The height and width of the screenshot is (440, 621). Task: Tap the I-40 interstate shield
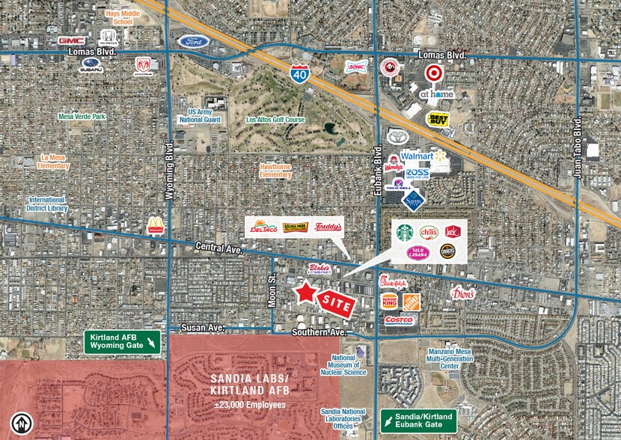pos(299,72)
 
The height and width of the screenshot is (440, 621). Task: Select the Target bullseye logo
pos(432,73)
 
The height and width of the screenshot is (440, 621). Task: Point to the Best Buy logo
pos(438,118)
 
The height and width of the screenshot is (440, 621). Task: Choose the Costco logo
pos(400,320)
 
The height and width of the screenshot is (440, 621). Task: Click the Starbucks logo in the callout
pos(405,233)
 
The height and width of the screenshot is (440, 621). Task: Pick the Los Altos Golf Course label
pos(275,119)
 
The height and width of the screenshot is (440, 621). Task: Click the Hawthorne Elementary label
pos(275,171)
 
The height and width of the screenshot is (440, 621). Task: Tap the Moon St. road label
pos(272,289)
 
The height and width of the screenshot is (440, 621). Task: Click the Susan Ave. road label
pos(203,329)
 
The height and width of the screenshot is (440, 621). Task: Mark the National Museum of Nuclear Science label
pos(343,364)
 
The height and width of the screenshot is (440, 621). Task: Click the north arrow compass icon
pos(23,425)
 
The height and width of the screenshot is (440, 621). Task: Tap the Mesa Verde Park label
pos(82,116)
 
